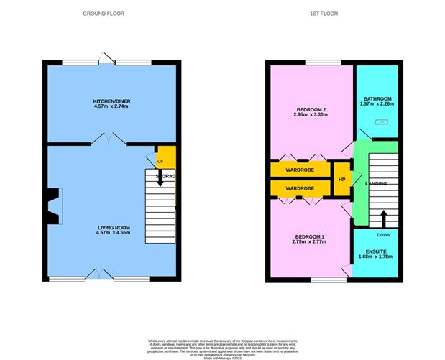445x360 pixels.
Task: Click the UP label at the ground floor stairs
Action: coord(160,162)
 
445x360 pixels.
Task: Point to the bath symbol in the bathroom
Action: coord(381,122)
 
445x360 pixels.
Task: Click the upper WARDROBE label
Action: coord(301,171)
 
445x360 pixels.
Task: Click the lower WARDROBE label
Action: coord(301,188)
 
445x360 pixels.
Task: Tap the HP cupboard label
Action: coord(341,180)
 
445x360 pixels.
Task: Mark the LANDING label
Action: coord(376,184)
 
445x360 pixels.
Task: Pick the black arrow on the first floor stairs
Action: coord(382,216)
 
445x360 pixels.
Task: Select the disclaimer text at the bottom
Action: coord(222,344)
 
